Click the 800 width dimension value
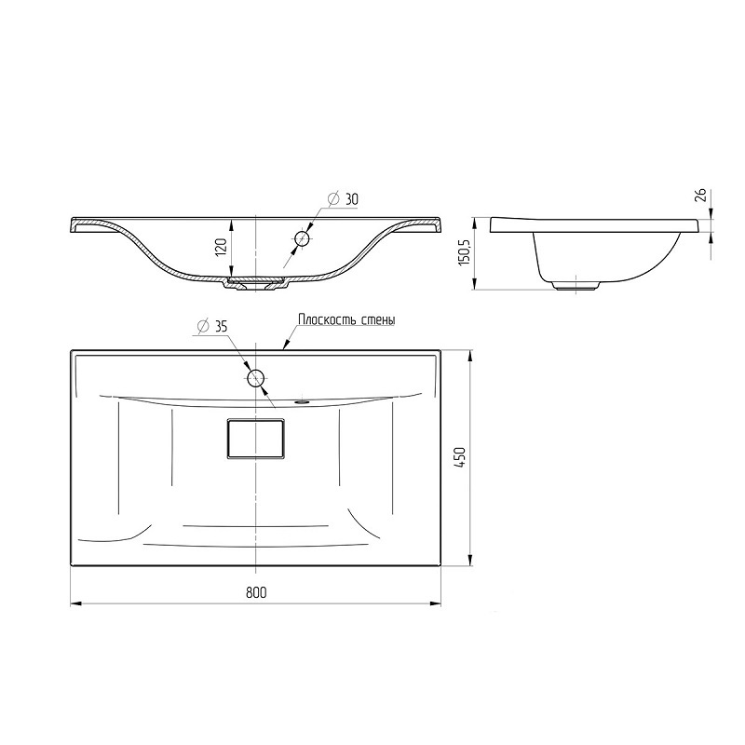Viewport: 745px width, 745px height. click(x=256, y=592)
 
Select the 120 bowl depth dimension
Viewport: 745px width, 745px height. click(x=222, y=248)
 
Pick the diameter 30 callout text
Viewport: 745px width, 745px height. click(x=343, y=199)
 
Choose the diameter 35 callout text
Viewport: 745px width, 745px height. click(x=212, y=327)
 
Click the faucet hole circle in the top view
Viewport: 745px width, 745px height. click(x=255, y=378)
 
